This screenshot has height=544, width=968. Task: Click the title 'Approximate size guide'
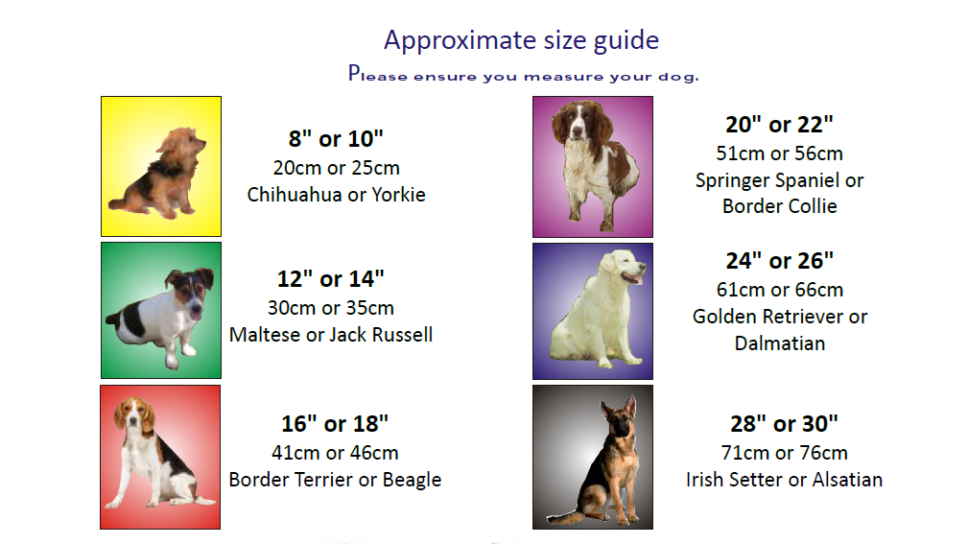(522, 40)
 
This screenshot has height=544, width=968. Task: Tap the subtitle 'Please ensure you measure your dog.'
(524, 74)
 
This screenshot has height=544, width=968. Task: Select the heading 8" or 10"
(336, 139)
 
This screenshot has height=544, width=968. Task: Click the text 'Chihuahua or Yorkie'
(337, 195)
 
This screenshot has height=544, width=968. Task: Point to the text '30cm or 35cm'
(331, 308)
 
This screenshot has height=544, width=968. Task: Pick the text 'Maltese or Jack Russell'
(331, 335)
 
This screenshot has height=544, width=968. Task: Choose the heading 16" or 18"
(335, 424)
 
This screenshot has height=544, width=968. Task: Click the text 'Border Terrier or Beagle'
(335, 480)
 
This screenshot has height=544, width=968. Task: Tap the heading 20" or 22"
(780, 125)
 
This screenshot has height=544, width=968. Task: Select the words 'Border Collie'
(780, 206)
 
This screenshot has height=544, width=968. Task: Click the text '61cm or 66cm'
(780, 290)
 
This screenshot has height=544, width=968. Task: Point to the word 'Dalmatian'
(780, 343)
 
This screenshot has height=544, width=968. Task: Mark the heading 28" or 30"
(784, 424)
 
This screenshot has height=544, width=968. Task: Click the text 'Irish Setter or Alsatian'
(784, 480)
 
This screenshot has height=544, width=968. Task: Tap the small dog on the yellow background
(158, 174)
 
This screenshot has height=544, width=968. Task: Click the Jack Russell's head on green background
(190, 291)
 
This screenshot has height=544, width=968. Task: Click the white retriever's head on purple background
(624, 268)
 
